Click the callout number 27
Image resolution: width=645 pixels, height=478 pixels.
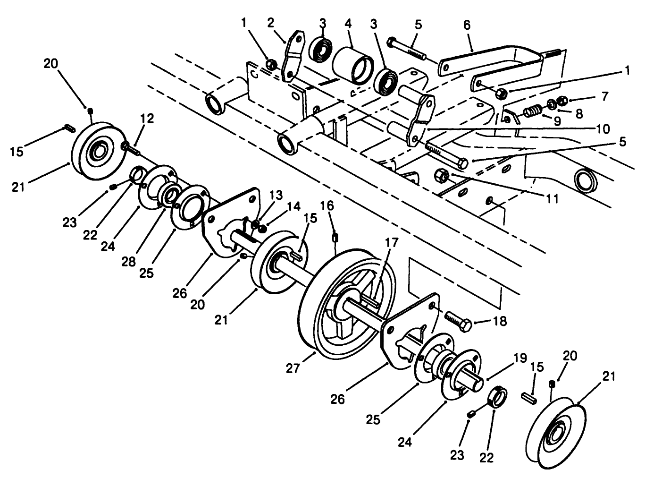(x=293, y=367)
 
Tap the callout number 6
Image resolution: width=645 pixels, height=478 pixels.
(x=467, y=25)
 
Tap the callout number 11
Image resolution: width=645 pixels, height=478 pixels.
(x=550, y=198)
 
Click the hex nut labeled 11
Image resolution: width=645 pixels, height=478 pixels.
(x=442, y=176)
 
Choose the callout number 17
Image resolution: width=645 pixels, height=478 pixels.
(x=392, y=243)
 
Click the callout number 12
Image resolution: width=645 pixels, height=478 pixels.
(x=147, y=118)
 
